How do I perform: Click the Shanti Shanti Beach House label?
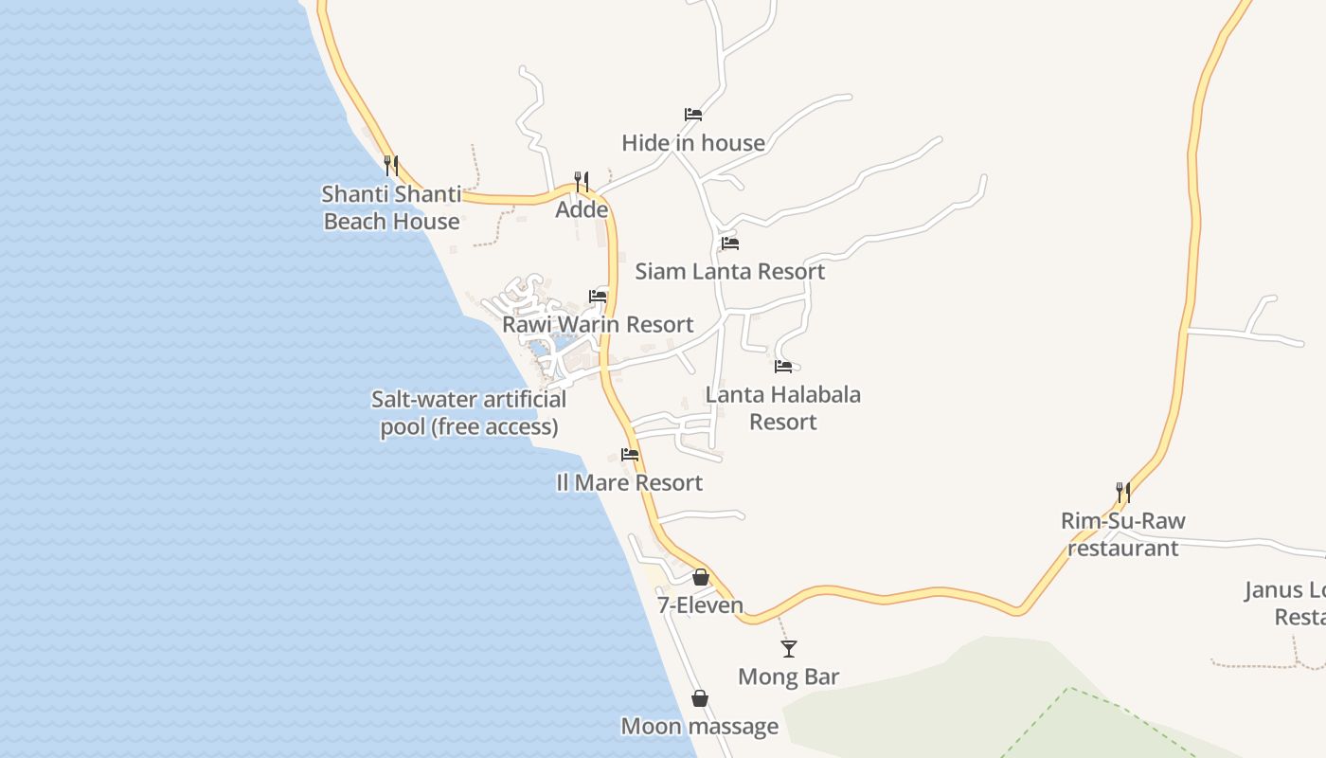point(391,208)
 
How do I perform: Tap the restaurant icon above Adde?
point(582,181)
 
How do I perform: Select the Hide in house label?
point(693,143)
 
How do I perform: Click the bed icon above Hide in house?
point(693,115)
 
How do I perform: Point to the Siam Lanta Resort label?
point(729,272)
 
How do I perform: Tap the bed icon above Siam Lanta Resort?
point(729,244)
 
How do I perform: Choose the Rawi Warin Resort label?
point(598,325)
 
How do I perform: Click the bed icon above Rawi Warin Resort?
point(598,297)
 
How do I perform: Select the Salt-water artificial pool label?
point(469,413)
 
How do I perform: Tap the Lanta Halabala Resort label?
point(783,407)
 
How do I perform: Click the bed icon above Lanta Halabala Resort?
point(783,367)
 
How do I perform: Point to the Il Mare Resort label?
point(629,483)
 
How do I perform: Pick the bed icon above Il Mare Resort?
point(630,455)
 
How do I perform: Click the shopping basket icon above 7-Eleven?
point(701,576)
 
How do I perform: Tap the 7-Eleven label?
point(701,605)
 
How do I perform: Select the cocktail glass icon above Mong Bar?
point(789,649)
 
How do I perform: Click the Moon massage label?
point(699,727)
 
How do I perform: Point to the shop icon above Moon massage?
point(700,698)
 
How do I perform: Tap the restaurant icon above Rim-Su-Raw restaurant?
point(1122,492)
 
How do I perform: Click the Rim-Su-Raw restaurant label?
point(1122,534)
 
